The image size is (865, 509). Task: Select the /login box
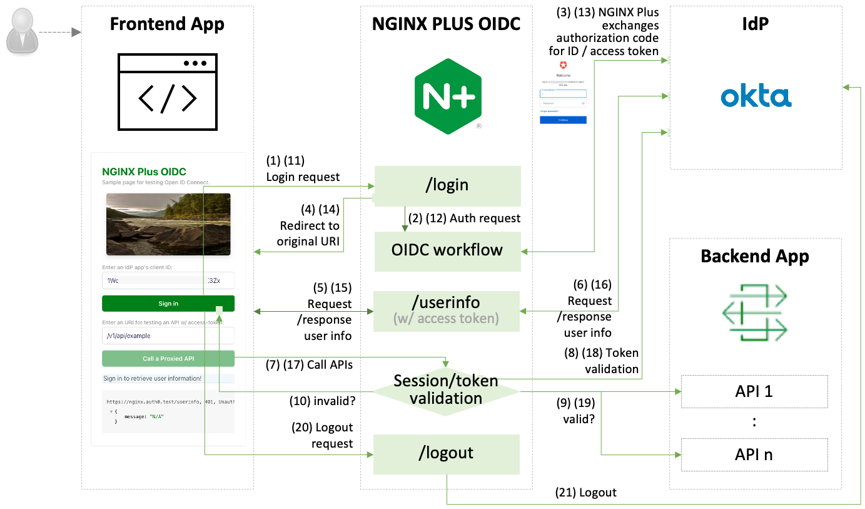[x=447, y=185]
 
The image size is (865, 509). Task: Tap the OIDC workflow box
[x=447, y=250]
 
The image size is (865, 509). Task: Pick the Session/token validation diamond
[x=446, y=389]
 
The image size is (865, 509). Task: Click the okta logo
[x=756, y=97]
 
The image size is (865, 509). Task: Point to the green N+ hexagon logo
[x=448, y=95]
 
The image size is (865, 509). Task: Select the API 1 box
[x=754, y=392]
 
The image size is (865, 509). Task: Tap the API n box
[x=754, y=455]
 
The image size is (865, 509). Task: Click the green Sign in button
[x=168, y=304]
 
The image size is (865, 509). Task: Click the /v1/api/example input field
[x=168, y=336]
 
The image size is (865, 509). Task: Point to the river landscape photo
[x=168, y=224]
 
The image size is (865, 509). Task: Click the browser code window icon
[x=168, y=91]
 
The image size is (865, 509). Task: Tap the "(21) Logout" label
[x=585, y=493]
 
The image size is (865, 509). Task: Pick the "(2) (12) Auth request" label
[x=464, y=219]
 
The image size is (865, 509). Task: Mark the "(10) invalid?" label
[x=322, y=400]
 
